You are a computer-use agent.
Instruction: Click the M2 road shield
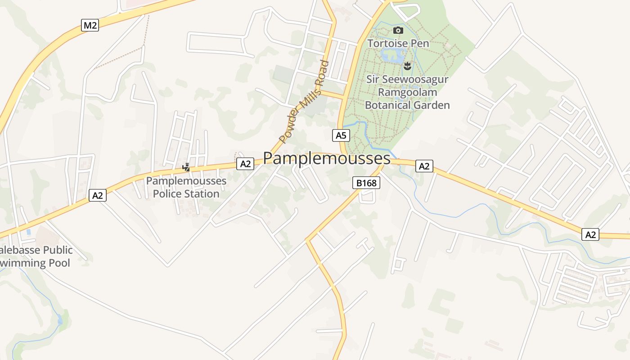point(90,25)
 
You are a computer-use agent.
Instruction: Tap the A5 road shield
point(341,135)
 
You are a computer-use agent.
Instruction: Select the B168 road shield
point(365,183)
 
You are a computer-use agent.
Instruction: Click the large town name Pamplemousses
point(327,158)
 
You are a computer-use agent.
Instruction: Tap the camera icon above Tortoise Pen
point(398,31)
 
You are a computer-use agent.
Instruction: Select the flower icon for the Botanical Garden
point(407,67)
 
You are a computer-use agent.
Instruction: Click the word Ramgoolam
point(407,92)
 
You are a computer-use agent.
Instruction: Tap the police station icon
point(186,167)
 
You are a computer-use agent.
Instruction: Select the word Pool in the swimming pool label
point(59,263)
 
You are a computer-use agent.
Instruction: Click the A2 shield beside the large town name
point(245,164)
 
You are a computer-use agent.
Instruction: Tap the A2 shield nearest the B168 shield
point(424,166)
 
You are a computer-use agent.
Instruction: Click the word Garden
point(432,105)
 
